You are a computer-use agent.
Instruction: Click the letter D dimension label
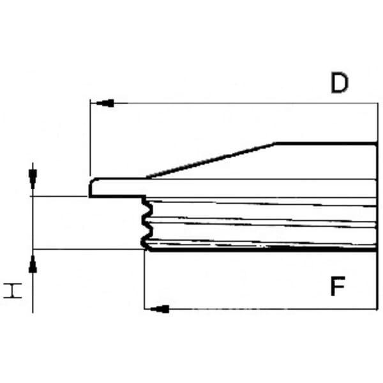[340, 82]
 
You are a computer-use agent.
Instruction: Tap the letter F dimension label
[338, 286]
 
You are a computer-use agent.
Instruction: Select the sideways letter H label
[13, 290]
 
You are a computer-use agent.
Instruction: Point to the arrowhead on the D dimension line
[105, 103]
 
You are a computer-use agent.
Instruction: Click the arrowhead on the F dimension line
[160, 309]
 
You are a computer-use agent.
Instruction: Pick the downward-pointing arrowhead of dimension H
[33, 179]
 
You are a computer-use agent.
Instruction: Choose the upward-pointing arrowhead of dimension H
[33, 264]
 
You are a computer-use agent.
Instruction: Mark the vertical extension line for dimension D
[91, 138]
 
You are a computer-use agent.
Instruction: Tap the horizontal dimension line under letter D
[234, 103]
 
